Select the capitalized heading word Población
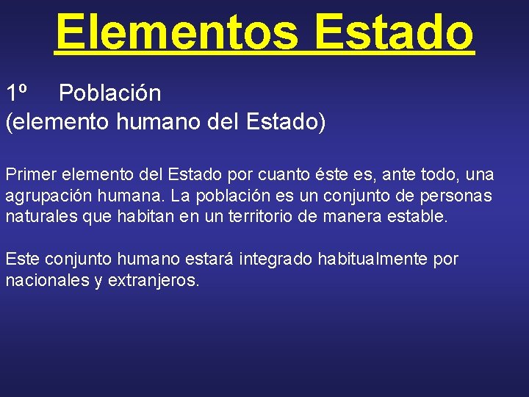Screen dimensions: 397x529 click(109, 93)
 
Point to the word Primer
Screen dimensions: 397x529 click(29, 175)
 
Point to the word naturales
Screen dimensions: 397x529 click(37, 217)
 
